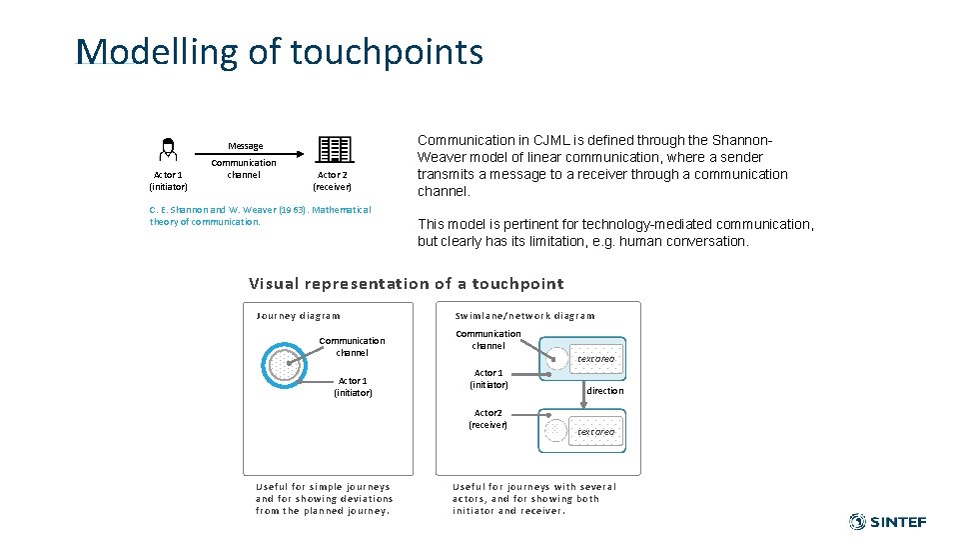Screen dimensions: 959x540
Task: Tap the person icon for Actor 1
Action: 168,150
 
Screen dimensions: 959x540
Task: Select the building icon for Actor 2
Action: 335,150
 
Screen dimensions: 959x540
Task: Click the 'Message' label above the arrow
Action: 245,146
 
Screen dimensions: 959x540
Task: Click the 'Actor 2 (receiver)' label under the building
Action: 332,180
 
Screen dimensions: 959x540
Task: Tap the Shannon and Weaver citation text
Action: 260,215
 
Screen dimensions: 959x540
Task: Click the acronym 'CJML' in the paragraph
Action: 548,140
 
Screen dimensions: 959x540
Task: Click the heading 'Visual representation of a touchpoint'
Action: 406,283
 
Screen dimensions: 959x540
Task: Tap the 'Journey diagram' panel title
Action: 298,316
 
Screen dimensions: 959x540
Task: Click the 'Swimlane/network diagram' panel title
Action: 524,316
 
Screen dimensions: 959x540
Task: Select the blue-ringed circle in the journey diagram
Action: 284,365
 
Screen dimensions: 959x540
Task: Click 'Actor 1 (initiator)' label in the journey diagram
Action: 353,387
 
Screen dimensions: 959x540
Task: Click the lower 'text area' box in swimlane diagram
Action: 595,431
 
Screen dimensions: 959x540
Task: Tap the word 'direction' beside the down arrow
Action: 604,391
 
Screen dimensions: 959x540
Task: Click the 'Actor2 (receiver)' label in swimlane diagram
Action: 487,418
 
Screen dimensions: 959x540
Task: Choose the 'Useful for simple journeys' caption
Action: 324,498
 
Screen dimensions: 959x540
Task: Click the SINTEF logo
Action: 887,521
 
